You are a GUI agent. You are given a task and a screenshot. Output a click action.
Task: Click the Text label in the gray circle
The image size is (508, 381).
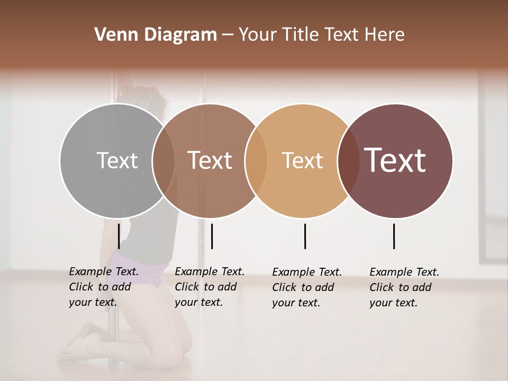coord(117,160)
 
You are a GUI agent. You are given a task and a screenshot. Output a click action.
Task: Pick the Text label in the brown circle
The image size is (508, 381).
coord(210,160)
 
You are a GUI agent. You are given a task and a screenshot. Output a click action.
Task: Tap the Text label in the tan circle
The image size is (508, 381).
coord(302,160)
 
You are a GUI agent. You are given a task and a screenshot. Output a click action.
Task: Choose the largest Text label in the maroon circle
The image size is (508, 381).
coord(395,160)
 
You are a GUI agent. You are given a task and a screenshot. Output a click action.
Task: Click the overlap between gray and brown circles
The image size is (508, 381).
coord(164,160)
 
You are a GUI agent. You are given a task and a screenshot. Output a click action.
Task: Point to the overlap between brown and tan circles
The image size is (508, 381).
coord(256,160)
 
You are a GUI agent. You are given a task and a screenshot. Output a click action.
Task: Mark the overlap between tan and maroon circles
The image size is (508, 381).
coord(349,160)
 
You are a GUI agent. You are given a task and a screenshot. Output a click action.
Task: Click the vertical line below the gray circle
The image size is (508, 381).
coord(119,236)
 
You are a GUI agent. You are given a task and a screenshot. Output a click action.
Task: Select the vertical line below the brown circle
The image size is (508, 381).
coord(212,236)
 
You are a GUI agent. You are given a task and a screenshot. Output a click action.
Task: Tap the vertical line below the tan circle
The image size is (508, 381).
coord(305,236)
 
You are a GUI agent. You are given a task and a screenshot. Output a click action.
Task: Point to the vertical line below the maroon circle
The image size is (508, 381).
coord(394,236)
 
